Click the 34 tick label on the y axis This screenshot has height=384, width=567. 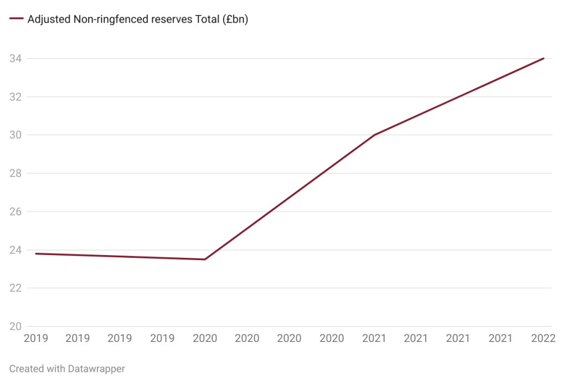[15, 58]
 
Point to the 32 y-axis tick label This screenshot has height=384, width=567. [15, 97]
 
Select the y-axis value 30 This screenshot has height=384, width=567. [15, 135]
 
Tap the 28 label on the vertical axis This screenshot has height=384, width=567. [15, 173]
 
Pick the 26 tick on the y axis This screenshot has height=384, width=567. [15, 211]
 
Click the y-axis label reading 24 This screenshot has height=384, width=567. [15, 250]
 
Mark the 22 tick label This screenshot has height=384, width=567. [15, 288]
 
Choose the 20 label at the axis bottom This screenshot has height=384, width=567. [15, 326]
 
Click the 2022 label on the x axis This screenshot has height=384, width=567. [543, 339]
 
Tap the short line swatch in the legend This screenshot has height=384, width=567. [16, 19]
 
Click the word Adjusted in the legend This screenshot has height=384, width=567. [48, 19]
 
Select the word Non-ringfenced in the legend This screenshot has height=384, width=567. [109, 19]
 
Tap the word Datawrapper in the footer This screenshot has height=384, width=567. [97, 369]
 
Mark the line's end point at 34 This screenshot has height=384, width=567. [544, 58]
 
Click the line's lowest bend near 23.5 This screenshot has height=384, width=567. [205, 260]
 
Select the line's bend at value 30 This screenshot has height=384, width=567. [375, 135]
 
